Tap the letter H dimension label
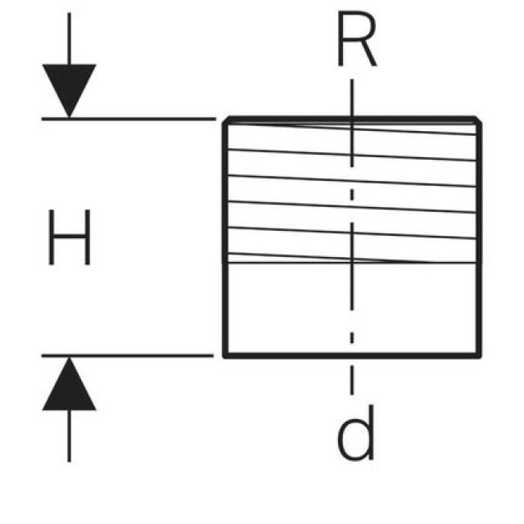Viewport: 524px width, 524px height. click(69, 237)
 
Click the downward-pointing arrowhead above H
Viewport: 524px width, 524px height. click(69, 88)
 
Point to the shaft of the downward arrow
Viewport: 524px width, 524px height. click(69, 37)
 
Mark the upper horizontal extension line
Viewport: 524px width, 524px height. click(131, 119)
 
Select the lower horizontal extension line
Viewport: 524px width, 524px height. click(131, 356)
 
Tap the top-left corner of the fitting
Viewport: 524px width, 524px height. click(226, 120)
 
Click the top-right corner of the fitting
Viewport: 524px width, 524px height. click(479, 120)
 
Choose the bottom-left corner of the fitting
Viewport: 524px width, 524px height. click(225, 356)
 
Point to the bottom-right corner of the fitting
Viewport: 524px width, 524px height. click(480, 356)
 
